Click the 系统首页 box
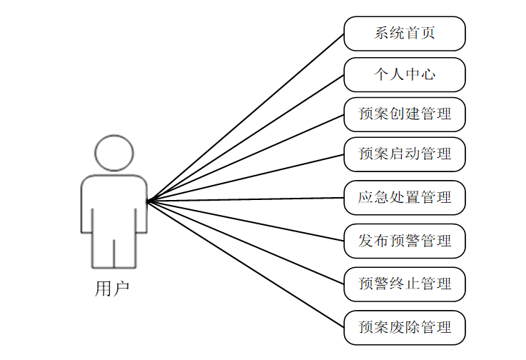click(x=405, y=34)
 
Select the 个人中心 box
click(x=405, y=74)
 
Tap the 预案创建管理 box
click(x=405, y=114)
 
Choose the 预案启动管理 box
click(x=405, y=154)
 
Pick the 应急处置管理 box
click(x=405, y=198)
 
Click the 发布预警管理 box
click(x=405, y=241)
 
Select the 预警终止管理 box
click(x=405, y=284)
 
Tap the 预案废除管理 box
click(x=405, y=328)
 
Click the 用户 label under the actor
click(x=113, y=289)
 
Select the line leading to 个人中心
click(x=246, y=138)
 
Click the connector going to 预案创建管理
click(x=246, y=158)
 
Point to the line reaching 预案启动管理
click(x=246, y=178)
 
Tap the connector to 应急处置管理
click(x=246, y=200)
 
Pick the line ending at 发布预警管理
click(x=246, y=221)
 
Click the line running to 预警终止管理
click(x=246, y=243)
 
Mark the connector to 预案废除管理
click(x=246, y=264)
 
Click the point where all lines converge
click(x=148, y=201)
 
